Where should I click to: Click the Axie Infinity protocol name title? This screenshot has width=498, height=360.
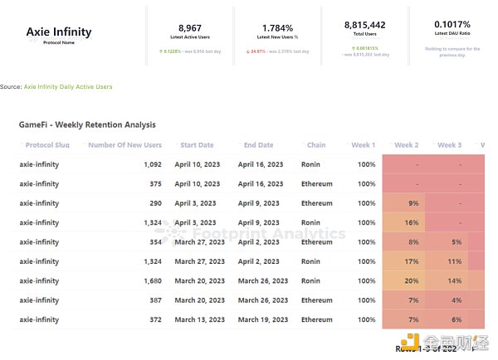[x=59, y=32]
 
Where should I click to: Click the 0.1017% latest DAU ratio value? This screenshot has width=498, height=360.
[x=452, y=26]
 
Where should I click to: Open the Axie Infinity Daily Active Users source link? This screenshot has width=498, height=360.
[x=68, y=86]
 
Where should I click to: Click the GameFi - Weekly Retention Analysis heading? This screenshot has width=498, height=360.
[x=87, y=124]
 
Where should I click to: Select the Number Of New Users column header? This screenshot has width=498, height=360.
[x=124, y=145]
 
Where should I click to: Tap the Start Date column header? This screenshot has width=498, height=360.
[x=197, y=145]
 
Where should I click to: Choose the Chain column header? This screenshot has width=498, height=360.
[x=315, y=145]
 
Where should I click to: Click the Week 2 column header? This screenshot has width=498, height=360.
[x=406, y=145]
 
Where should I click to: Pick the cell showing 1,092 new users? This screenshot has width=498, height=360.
[x=152, y=164]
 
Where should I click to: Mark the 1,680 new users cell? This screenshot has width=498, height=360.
[x=151, y=280]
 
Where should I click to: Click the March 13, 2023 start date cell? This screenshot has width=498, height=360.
[x=199, y=319]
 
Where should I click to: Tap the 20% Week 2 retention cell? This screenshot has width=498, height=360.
[x=411, y=280]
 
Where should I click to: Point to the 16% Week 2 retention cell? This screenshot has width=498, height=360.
[x=411, y=222]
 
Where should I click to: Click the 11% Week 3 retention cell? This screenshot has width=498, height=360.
[x=453, y=261]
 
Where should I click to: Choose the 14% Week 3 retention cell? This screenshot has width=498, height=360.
[x=453, y=280]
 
